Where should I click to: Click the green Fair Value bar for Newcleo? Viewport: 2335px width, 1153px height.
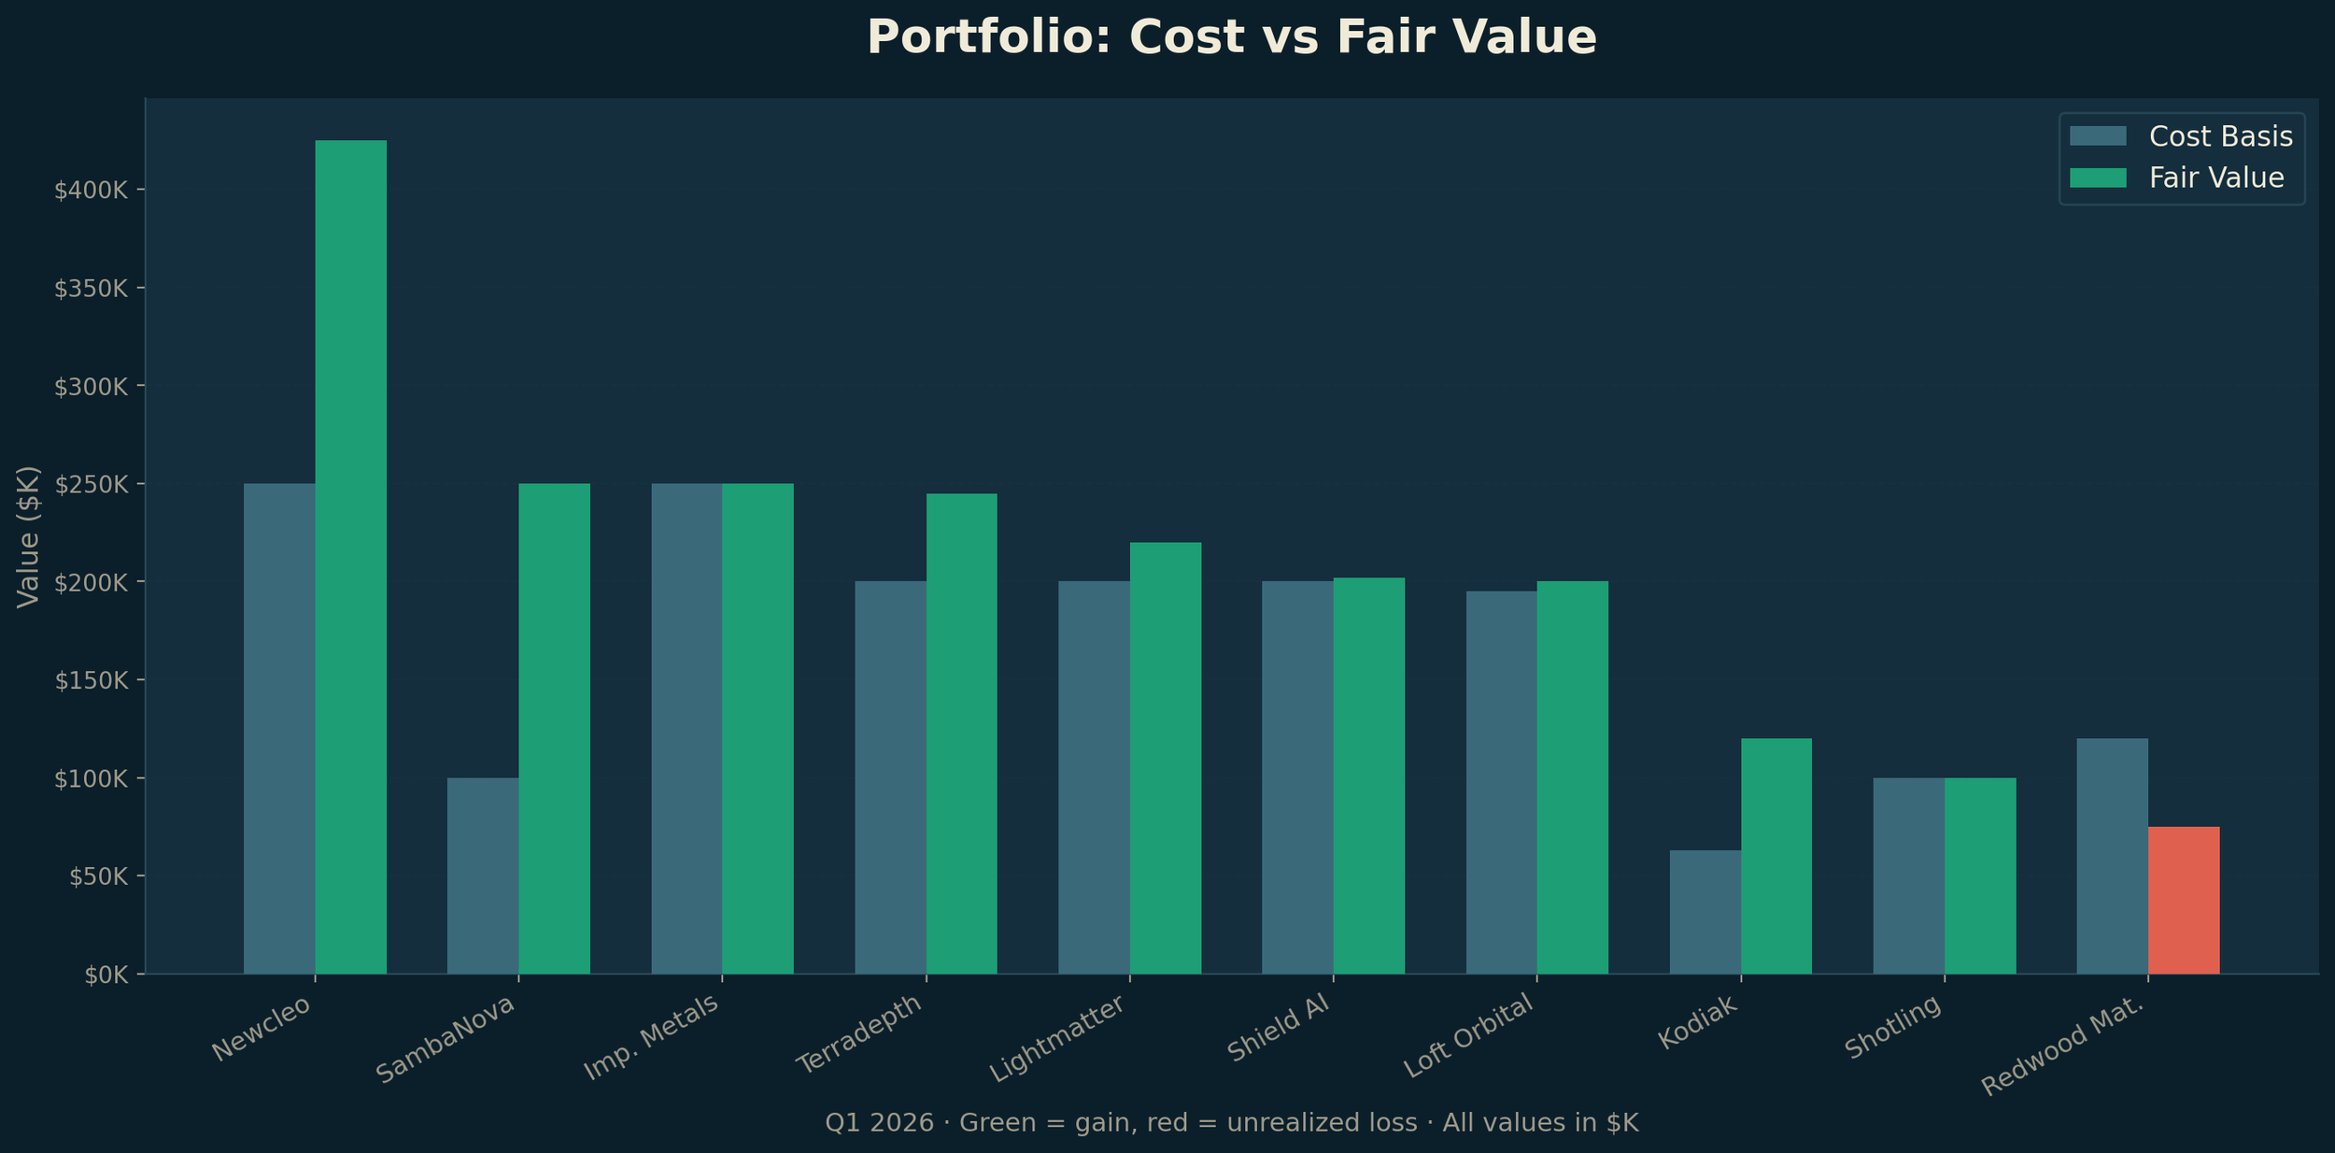pyautogui.click(x=350, y=557)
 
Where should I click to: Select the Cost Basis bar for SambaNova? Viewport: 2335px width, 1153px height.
pyautogui.click(x=483, y=875)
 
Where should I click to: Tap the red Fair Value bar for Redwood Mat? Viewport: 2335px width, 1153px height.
pyautogui.click(x=2184, y=900)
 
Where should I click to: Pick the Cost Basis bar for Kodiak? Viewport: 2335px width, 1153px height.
pyautogui.click(x=1705, y=912)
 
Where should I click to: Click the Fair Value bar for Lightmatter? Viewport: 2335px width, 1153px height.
pyautogui.click(x=1166, y=758)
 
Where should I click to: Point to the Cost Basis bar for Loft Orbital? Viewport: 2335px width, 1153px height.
pyautogui.click(x=1502, y=782)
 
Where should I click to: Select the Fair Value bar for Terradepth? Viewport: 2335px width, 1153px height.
pyautogui.click(x=962, y=733)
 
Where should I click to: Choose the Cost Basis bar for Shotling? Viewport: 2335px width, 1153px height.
pyautogui.click(x=1909, y=875)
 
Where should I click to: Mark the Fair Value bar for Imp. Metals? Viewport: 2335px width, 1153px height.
pyautogui.click(x=758, y=729)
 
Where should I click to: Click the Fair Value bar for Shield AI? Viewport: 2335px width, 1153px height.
pyautogui.click(x=1369, y=776)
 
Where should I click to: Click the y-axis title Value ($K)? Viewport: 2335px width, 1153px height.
pyautogui.click(x=29, y=537)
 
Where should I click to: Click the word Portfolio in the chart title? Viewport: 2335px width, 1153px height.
pyautogui.click(x=990, y=38)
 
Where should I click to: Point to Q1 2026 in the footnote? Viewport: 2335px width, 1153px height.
pyautogui.click(x=879, y=1122)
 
